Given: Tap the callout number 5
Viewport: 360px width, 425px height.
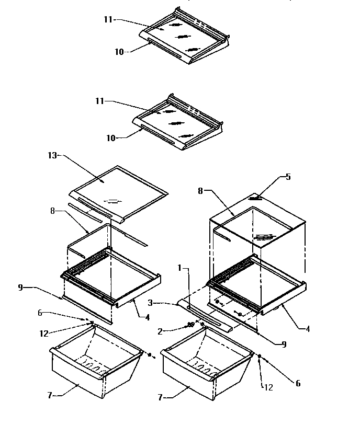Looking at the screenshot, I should pyautogui.click(x=288, y=177).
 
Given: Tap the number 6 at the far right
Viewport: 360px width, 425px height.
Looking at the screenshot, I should pyautogui.click(x=298, y=383).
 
